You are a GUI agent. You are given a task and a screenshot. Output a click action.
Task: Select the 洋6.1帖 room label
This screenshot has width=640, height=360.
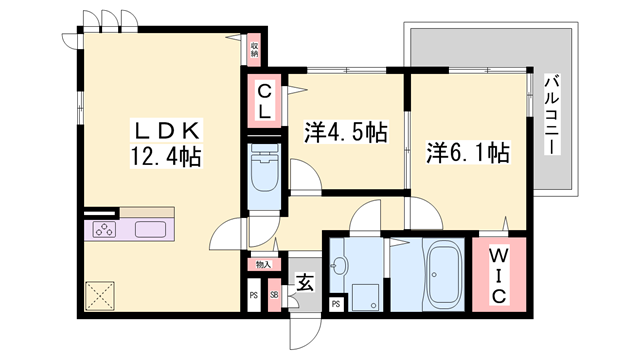point(468,154)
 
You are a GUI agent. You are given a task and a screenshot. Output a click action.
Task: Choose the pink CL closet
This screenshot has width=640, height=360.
point(262,101)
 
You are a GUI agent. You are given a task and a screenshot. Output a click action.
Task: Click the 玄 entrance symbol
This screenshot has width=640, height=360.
point(301,281)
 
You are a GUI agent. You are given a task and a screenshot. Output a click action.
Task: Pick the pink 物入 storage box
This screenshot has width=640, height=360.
point(263,265)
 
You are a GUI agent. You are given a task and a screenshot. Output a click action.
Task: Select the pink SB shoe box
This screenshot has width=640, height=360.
point(274,296)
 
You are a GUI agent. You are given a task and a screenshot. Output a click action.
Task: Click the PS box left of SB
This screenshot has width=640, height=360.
point(254,296)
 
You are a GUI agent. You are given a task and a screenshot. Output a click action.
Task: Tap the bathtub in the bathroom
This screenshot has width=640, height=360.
point(441,274)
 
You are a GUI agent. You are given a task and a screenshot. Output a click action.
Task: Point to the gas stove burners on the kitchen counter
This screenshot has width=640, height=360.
point(104,230)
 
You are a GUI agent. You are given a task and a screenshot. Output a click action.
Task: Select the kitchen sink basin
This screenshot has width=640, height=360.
point(150,230)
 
